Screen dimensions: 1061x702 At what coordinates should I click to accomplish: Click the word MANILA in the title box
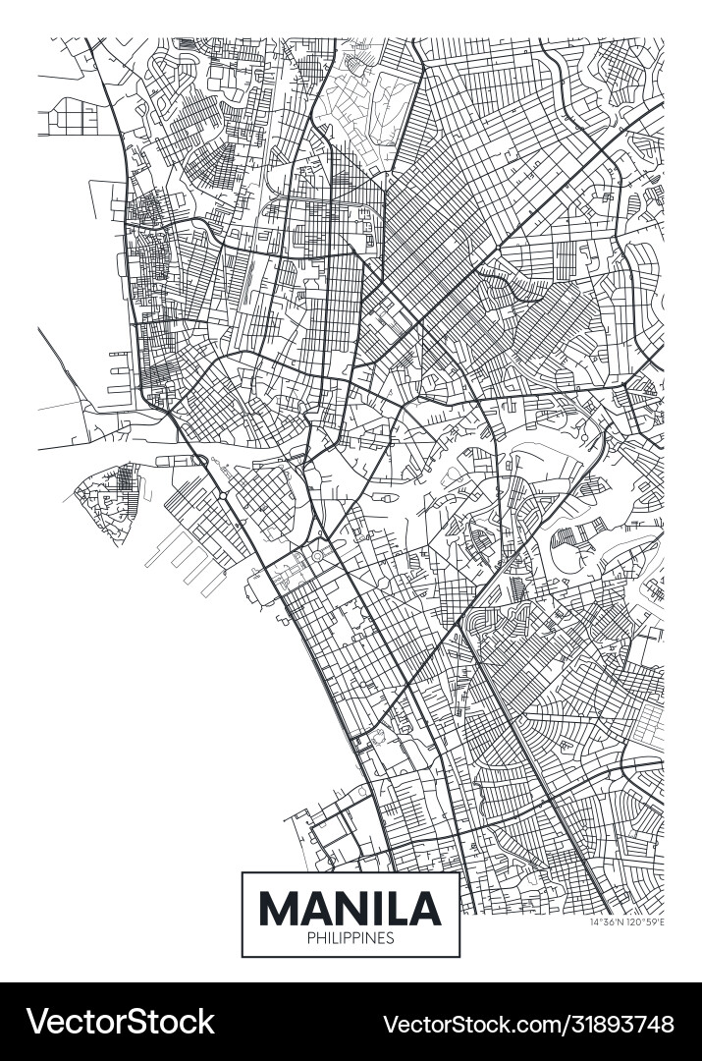coord(350,909)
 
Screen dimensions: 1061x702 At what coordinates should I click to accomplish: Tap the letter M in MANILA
coord(277,909)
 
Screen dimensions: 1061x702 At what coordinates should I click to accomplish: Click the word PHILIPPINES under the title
coord(351,938)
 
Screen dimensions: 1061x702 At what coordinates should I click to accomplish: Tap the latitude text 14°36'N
coord(608,922)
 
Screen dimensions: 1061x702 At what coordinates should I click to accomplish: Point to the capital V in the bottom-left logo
coord(36,1022)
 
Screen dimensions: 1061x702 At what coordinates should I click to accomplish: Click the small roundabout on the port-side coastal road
coord(223,497)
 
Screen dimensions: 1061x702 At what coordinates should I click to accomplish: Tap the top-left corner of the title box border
coord(243,872)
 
